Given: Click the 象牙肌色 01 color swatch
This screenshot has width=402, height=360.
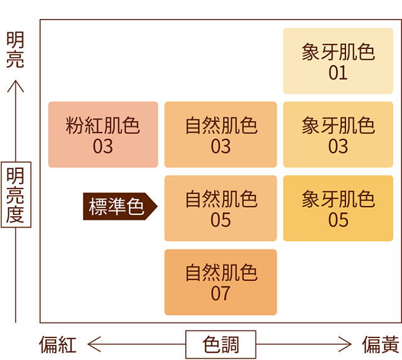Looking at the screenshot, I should pos(338,61).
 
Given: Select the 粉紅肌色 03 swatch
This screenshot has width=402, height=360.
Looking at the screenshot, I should pos(103,134).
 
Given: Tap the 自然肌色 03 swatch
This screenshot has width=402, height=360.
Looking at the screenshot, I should pos(220,134).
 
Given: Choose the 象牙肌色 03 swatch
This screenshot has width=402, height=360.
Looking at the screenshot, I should pos(338,134).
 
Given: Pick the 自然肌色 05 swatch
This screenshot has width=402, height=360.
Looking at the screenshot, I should pos(220,208).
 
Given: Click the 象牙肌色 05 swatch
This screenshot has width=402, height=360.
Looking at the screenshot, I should pos(338,208).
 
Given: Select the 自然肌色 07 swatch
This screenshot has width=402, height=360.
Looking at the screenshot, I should pos(220,282).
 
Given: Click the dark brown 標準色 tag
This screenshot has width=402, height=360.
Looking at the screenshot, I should pos(118,206).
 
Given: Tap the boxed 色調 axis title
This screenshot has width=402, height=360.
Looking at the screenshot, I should pos(220,344).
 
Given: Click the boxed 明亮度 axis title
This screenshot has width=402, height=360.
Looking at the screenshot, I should pos(16,194).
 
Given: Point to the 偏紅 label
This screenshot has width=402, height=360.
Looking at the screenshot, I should pos(58,345).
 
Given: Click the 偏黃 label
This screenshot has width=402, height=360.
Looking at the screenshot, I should pos(381,345).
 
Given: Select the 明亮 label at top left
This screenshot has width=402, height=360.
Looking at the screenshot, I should pos(15,50).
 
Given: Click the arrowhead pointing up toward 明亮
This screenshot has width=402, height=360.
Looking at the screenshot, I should pos(16,83).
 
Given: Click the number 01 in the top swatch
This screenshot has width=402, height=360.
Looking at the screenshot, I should pos(338,72).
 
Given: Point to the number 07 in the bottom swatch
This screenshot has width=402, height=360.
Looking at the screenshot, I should pos(220,293).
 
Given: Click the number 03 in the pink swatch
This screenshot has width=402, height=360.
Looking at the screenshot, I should pos(103,146).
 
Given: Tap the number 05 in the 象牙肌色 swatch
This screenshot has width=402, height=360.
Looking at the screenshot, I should pos(338,220).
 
